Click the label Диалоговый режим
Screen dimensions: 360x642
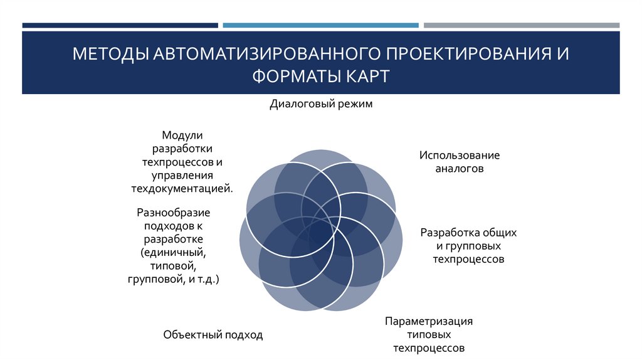321,104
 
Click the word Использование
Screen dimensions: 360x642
460,155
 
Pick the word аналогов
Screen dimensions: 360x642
460,169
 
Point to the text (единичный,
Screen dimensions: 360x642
173,253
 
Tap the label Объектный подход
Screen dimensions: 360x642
213,335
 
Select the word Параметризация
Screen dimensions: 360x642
429,321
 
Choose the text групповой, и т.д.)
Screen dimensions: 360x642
173,280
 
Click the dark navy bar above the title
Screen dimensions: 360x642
120,26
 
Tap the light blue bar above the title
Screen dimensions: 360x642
320,26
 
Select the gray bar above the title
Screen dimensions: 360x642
521,26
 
